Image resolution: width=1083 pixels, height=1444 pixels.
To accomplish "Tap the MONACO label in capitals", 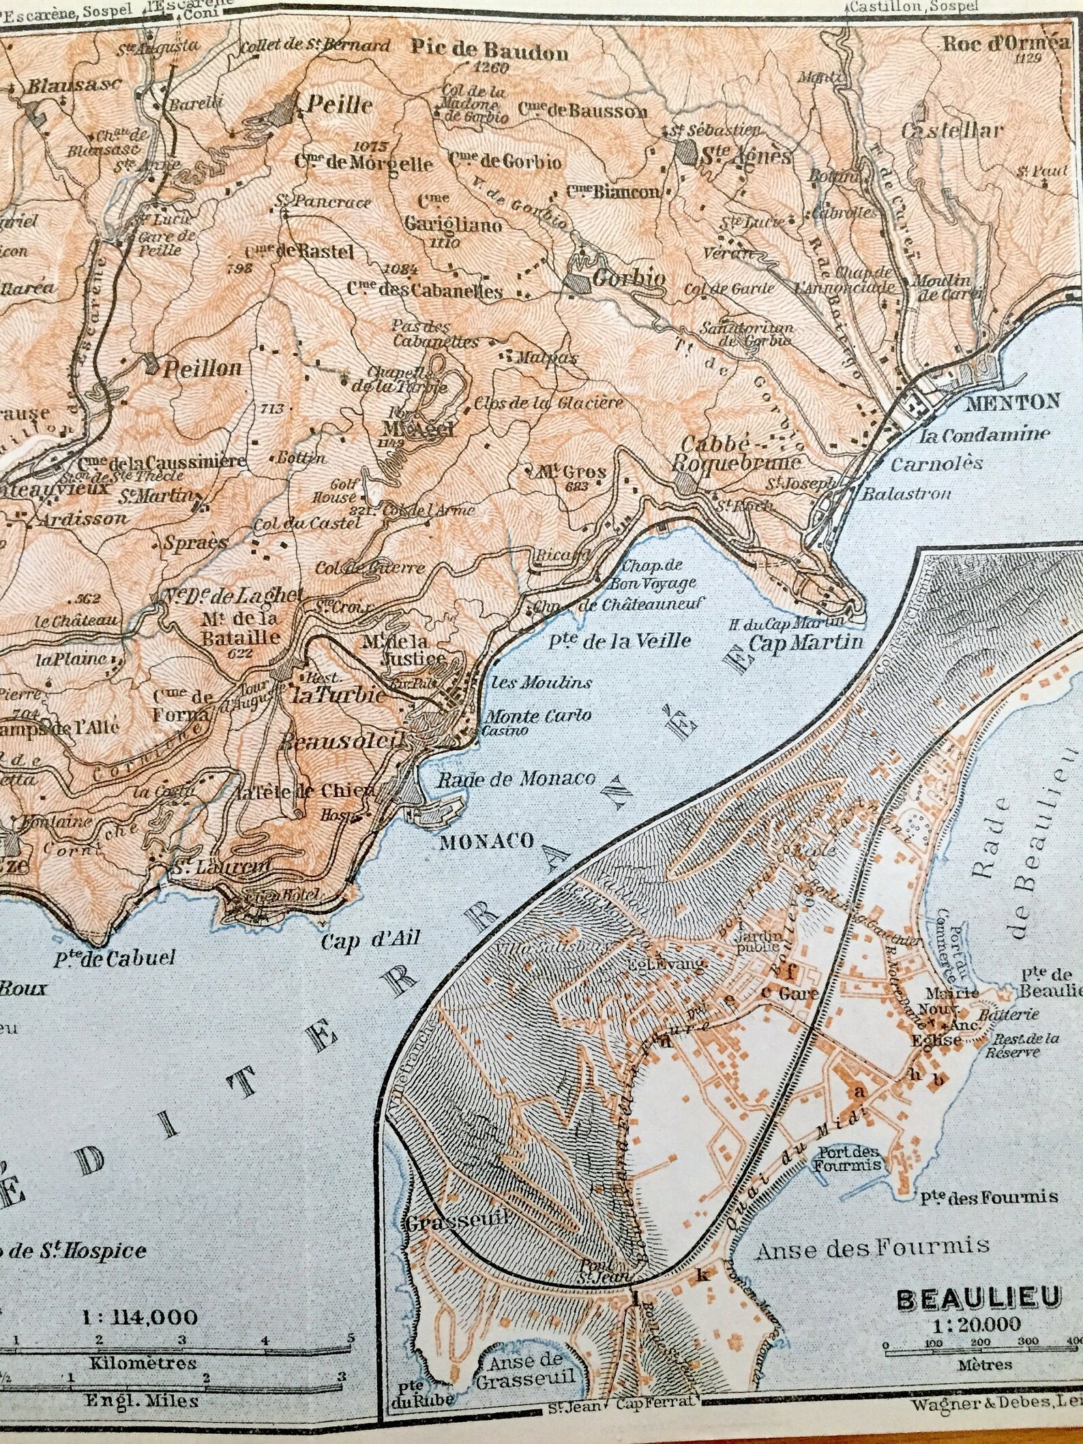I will coord(486,840).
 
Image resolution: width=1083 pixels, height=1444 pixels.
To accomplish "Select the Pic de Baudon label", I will coord(489,49).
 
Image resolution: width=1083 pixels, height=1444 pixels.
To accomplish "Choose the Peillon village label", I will coord(203,368).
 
